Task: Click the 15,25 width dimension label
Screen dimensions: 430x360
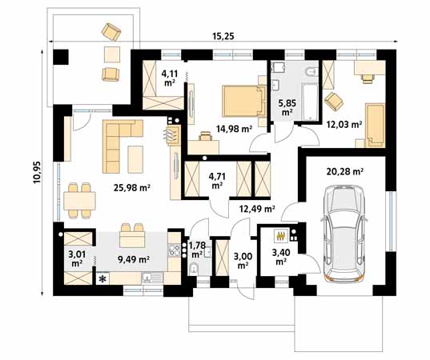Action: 223,36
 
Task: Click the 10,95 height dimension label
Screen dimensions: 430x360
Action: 37,172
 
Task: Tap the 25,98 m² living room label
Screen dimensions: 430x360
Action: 131,188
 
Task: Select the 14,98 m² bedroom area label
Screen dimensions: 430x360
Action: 234,128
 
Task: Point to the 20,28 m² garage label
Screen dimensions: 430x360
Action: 345,171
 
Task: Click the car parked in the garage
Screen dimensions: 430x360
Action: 344,233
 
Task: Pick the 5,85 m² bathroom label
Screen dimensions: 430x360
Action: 287,107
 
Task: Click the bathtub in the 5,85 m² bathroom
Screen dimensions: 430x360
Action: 309,102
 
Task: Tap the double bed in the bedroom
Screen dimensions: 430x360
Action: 244,101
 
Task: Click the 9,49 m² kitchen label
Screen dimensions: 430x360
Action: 133,259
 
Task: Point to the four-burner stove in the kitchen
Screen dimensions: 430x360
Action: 174,250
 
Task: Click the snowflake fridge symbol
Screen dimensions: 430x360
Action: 102,279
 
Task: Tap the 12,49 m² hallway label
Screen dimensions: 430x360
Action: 257,209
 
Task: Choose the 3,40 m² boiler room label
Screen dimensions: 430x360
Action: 280,257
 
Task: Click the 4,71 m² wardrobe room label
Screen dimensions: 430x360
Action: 217,181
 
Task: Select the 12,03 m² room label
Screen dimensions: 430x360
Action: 344,125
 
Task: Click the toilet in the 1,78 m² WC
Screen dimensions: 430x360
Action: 194,269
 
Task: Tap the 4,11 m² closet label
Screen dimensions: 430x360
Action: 170,78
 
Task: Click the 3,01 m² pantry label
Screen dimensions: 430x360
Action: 77,259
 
